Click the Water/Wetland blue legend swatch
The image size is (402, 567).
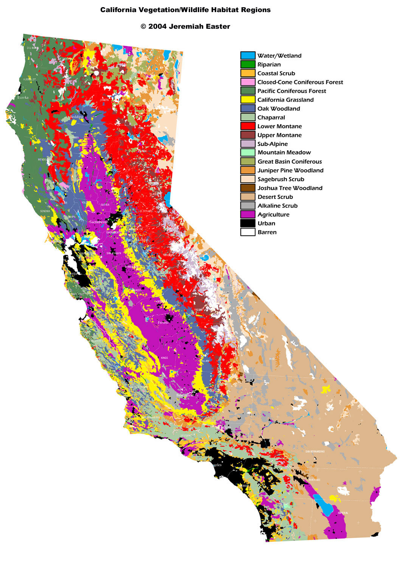pos(248,56)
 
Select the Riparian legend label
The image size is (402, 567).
pos(269,65)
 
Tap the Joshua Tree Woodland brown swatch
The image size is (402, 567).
pos(248,188)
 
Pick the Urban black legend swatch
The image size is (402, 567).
pos(248,223)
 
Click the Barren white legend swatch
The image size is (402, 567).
pos(248,232)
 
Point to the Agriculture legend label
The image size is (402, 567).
pos(273,215)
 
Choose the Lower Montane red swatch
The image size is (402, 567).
pos(248,126)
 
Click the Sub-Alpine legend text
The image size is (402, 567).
pos(272,144)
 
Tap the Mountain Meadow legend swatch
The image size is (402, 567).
pos(248,153)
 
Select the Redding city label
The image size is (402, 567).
pos(77,117)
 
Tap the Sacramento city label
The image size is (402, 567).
pos(98,222)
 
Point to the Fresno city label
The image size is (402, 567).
pos(163,322)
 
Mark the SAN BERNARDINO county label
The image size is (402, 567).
pos(315,452)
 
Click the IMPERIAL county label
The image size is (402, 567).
pos(343,513)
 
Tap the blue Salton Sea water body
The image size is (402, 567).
pos(324,505)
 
